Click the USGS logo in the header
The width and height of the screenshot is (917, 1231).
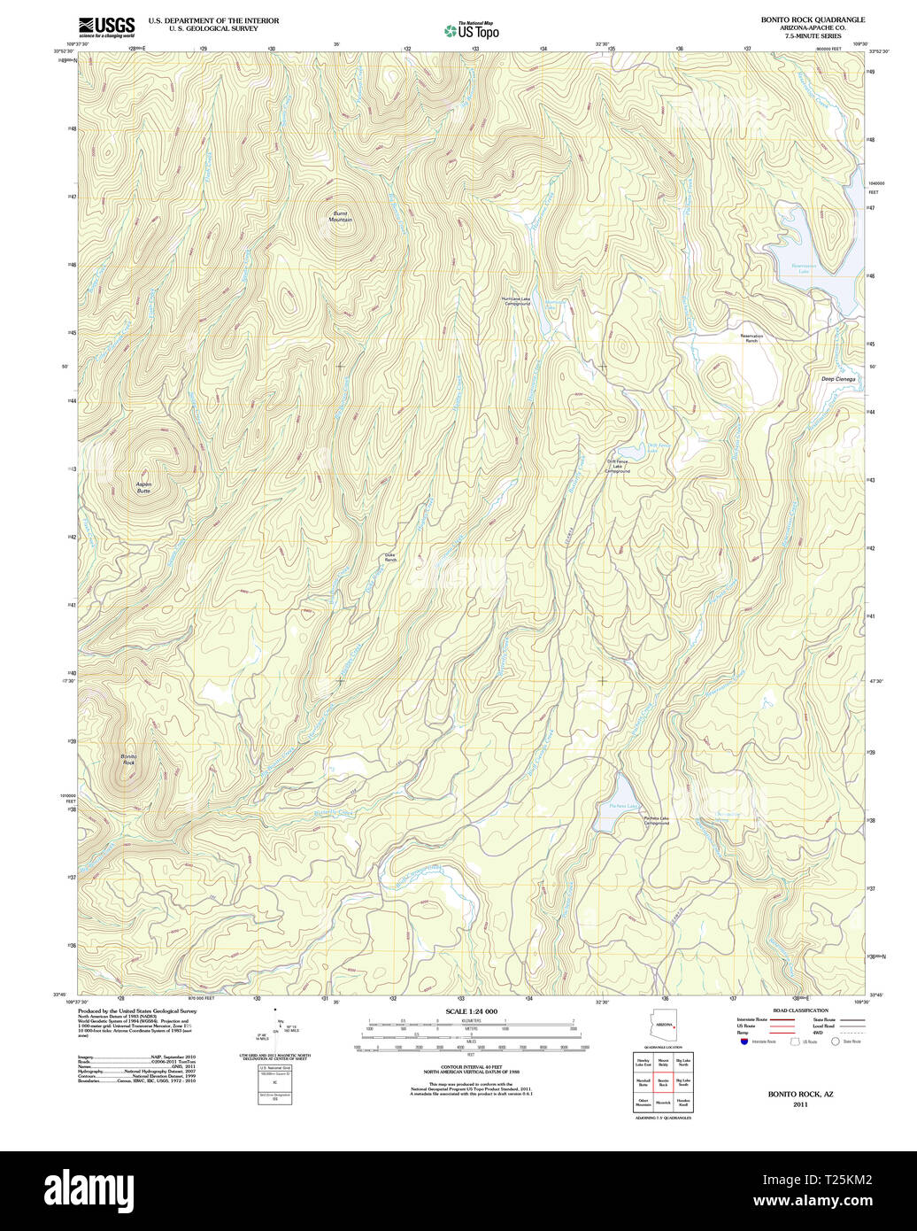106,27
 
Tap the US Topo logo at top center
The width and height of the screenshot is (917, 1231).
472,31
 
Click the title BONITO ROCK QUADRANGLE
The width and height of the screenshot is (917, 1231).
813,19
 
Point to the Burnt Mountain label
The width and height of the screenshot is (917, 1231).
341,216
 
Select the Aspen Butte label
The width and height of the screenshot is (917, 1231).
143,487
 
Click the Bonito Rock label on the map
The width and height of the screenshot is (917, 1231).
128,759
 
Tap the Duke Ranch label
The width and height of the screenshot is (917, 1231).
390,558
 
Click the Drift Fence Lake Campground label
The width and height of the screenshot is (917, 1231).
618,467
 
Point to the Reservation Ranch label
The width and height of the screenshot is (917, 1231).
751,338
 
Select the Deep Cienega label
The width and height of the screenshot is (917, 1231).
838,379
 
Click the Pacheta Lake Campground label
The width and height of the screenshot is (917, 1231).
657,821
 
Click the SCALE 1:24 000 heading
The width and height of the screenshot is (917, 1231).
472,1011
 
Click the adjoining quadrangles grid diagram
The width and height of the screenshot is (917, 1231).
663,1081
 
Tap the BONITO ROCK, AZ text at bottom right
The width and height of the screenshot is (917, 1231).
800,1095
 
